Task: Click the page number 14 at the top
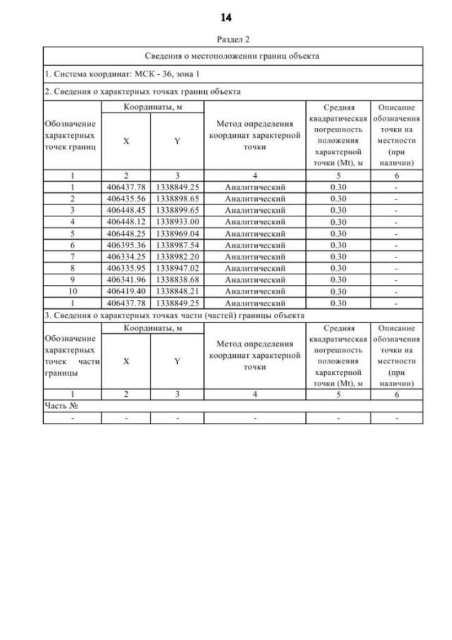226,17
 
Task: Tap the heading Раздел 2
227,40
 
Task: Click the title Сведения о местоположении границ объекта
232,54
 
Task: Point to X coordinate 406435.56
126,199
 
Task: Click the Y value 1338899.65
177,210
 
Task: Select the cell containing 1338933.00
177,221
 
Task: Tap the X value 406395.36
126,244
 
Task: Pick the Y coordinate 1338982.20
177,255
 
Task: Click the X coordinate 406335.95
126,267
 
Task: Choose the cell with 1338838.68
177,278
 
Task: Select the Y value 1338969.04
177,233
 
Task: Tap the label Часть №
60,407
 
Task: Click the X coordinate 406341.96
126,278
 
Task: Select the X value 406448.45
126,210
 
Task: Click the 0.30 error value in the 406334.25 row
338,255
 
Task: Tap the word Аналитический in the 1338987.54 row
254,244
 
